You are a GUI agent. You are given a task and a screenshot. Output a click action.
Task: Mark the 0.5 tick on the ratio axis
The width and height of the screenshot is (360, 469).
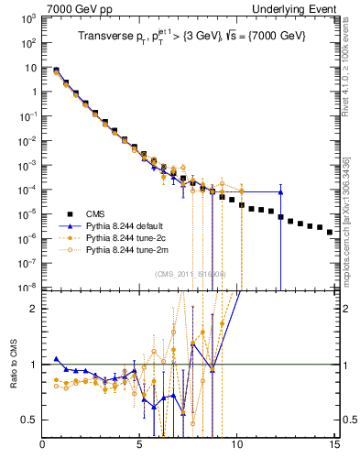(x=30, y=420)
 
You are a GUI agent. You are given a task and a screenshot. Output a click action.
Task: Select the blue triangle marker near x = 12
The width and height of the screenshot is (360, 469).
(x=280, y=192)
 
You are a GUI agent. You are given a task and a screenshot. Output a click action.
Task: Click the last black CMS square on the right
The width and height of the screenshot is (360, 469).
(x=330, y=233)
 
